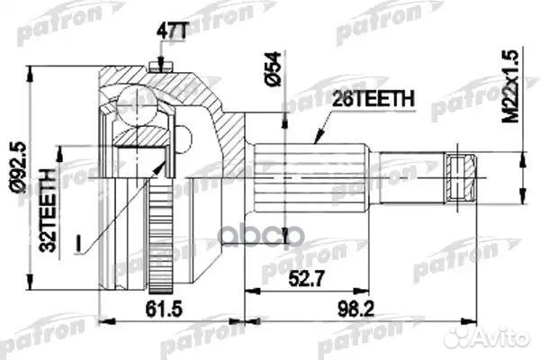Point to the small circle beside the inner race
click(184, 139)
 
